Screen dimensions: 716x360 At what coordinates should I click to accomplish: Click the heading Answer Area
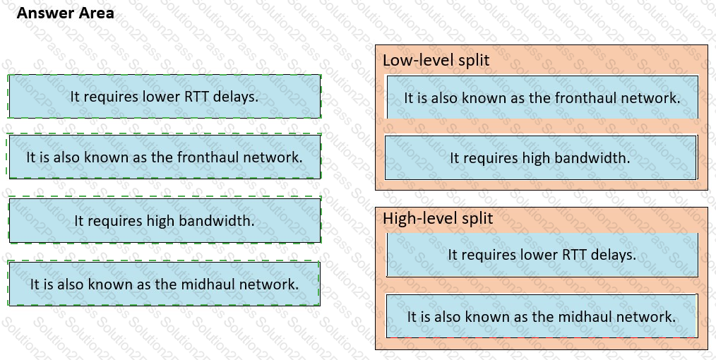pos(65,13)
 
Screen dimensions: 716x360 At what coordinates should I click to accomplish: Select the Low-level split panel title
pos(436,60)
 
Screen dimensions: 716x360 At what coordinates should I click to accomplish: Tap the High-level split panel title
pos(438,218)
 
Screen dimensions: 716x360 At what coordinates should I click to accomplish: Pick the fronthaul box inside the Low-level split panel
pos(542,97)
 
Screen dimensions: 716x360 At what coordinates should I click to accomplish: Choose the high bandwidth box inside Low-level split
pos(541,157)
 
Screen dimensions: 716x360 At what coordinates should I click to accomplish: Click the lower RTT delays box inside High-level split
pos(542,255)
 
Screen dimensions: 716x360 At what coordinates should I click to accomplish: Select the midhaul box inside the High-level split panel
pos(542,316)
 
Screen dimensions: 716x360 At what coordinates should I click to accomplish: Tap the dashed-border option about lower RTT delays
pos(165,96)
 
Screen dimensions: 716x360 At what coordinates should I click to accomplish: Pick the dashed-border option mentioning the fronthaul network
pos(165,157)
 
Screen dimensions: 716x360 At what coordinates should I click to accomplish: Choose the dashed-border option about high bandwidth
pos(165,220)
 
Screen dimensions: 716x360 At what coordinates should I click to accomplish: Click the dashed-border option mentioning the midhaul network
pos(165,284)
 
